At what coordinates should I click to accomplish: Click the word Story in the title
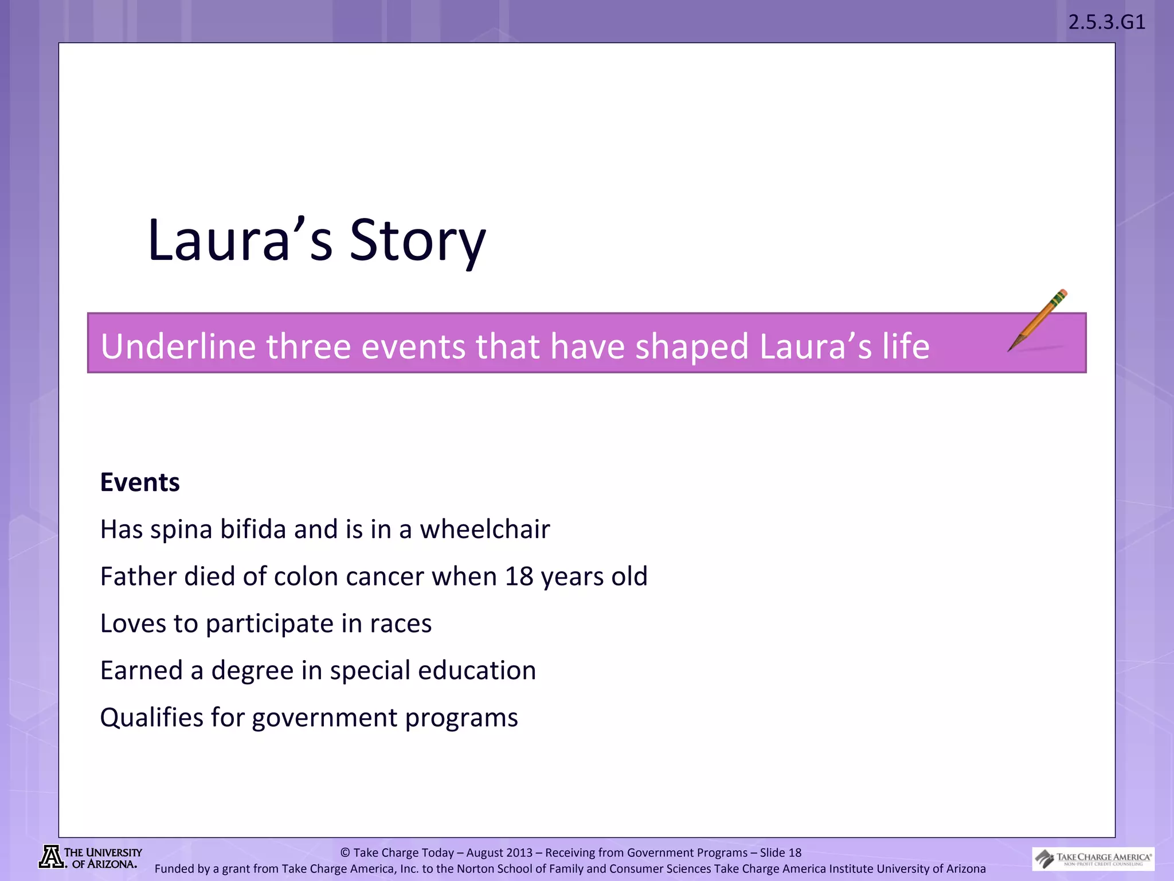coord(417,241)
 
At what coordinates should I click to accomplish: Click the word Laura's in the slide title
coord(240,241)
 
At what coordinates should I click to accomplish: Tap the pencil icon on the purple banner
coord(1038,320)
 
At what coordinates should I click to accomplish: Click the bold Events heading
coord(140,482)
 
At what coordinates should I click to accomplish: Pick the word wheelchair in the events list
coord(484,529)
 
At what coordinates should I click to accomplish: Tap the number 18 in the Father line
coord(519,576)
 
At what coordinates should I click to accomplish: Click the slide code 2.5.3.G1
coord(1106,22)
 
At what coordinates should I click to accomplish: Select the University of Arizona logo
coord(91,857)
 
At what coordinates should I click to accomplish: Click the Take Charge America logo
coord(1093,859)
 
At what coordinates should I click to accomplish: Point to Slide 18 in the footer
coord(780,852)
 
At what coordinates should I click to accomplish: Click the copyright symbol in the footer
coord(345,853)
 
